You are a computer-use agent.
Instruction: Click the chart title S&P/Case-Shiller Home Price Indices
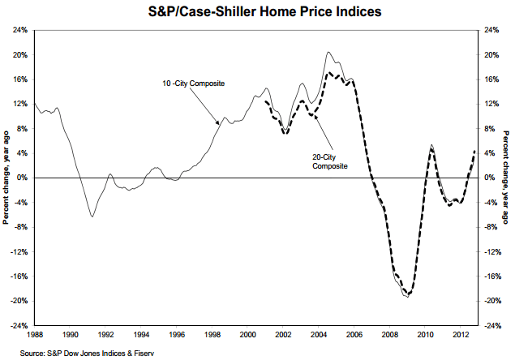pos(257,11)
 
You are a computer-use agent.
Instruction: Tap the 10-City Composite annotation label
pos(192,84)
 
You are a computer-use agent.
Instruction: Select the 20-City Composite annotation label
pos(330,161)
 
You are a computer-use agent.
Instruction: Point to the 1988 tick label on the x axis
pos(34,334)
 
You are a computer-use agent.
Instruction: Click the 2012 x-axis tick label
pos(458,334)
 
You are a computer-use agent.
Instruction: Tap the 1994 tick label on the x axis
pos(140,334)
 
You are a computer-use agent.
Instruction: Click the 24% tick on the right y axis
pos(491,30)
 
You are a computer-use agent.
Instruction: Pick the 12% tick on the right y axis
pos(491,104)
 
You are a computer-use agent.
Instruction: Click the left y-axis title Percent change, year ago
pos(6,178)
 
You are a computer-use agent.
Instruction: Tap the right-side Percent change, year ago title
pos(507,178)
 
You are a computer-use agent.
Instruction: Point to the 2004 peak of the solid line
pos(328,52)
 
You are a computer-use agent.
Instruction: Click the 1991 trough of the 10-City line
pos(92,216)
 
